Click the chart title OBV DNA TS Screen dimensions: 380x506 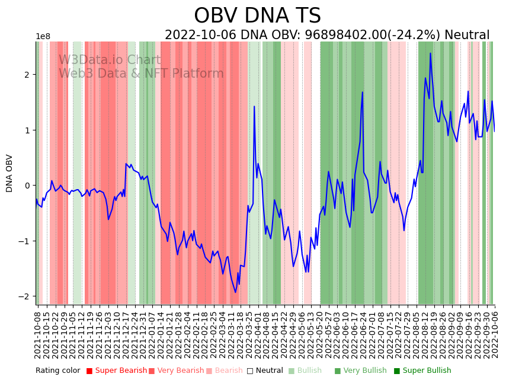pyautogui.click(x=257, y=16)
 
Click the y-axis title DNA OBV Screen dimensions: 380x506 pyautogui.click(x=9, y=173)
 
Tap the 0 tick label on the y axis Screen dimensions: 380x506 pyautogui.click(x=27, y=186)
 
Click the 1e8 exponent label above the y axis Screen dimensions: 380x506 pyautogui.click(x=43, y=37)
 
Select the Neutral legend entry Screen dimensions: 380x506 pyautogui.click(x=265, y=371)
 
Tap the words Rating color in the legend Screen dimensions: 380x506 pyautogui.click(x=57, y=371)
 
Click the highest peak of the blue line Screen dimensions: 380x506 pyautogui.click(x=430, y=53)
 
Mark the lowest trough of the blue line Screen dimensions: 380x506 pyautogui.click(x=235, y=292)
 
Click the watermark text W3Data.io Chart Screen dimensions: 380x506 pyautogui.click(x=110, y=60)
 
